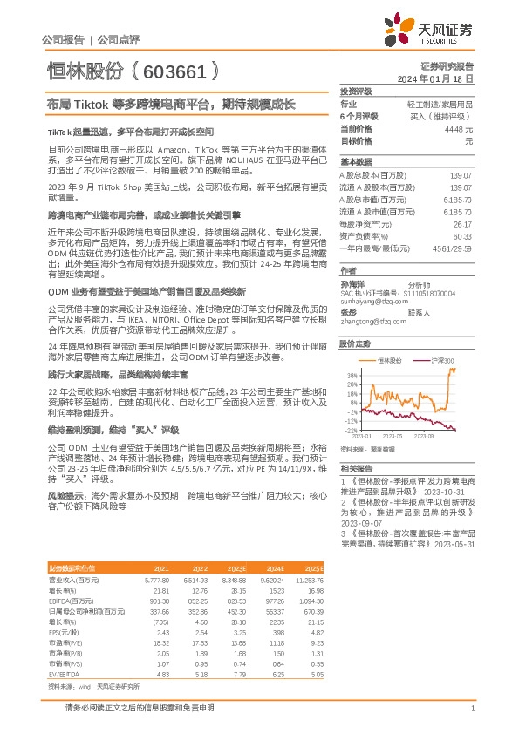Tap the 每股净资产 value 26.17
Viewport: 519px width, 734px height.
[461, 223]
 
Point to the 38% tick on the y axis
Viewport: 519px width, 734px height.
[351, 376]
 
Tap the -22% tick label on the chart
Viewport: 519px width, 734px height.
[350, 430]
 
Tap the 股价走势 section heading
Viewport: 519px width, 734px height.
[356, 344]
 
